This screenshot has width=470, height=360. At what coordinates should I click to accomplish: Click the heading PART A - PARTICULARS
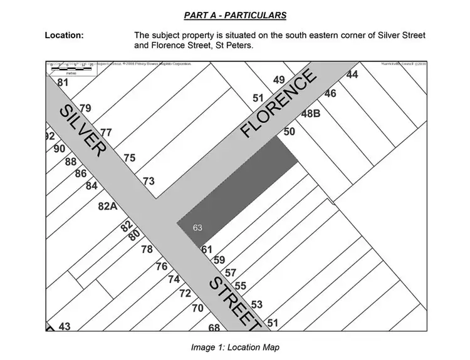(234, 14)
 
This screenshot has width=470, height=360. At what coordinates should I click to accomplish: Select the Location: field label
(64, 35)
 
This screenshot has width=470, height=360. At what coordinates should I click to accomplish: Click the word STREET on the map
(234, 301)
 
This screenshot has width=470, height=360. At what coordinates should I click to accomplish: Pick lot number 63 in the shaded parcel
(197, 227)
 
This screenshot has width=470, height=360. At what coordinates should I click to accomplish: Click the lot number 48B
(311, 114)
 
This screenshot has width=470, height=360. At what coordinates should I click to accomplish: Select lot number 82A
(107, 206)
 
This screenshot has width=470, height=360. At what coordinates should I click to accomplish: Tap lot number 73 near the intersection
(149, 181)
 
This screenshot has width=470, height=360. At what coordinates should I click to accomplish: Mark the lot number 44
(352, 75)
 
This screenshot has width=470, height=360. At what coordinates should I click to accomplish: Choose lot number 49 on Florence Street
(279, 80)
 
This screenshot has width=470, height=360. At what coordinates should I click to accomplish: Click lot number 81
(62, 83)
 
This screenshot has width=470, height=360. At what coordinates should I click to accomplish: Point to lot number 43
(65, 326)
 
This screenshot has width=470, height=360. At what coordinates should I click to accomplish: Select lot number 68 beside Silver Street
(214, 327)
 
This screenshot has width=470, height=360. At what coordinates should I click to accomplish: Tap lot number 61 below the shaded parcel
(207, 249)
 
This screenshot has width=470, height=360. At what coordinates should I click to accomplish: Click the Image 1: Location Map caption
(235, 347)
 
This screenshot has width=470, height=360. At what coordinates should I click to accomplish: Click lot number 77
(106, 133)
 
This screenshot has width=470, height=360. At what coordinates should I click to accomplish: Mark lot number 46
(330, 93)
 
